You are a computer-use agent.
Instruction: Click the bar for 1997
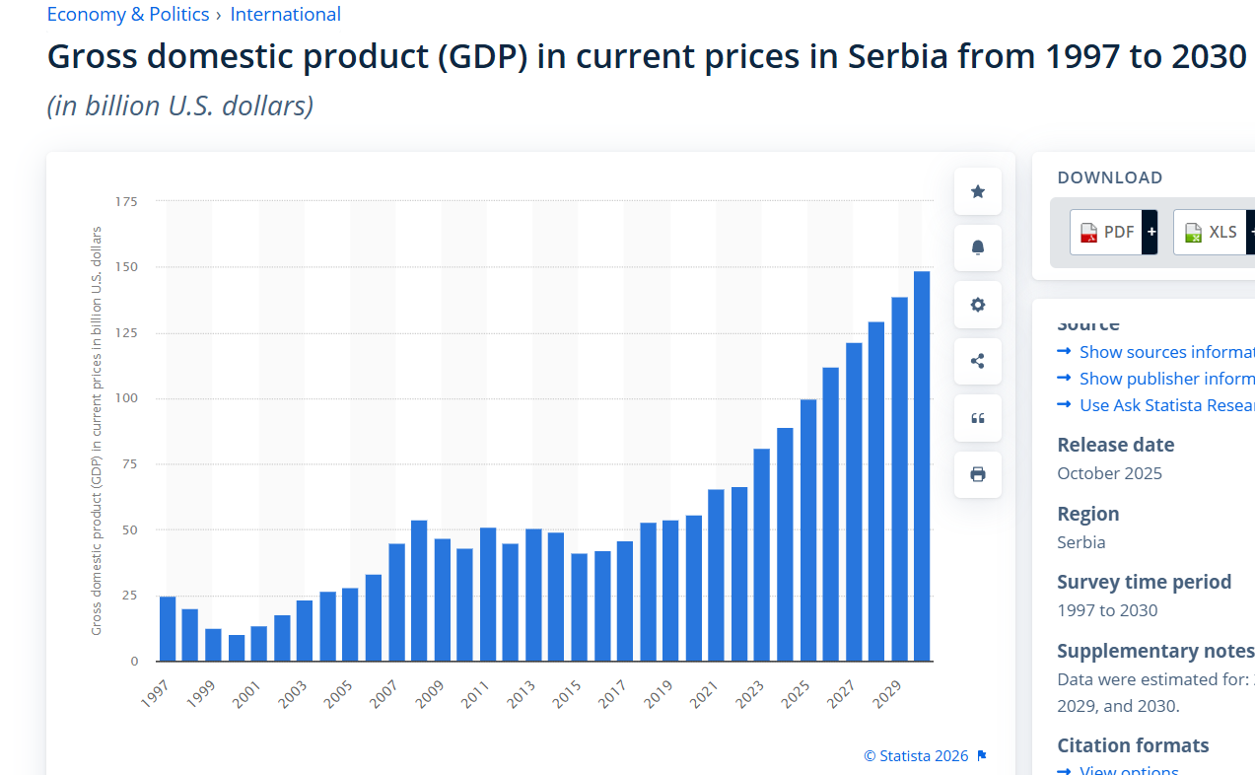click(x=168, y=628)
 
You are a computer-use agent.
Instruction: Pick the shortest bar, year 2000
click(x=237, y=648)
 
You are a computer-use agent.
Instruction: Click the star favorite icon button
click(x=977, y=191)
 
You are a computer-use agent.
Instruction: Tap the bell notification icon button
click(x=977, y=247)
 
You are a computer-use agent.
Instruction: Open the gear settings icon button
click(x=977, y=305)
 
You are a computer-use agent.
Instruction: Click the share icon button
click(x=977, y=361)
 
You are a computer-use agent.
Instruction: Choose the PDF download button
click(x=1106, y=232)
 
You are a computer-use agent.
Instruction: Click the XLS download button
click(x=1210, y=232)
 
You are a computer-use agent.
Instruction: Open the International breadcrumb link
click(x=285, y=15)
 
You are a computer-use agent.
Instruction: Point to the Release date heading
click(x=1115, y=445)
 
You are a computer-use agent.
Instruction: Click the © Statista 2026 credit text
click(x=916, y=756)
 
